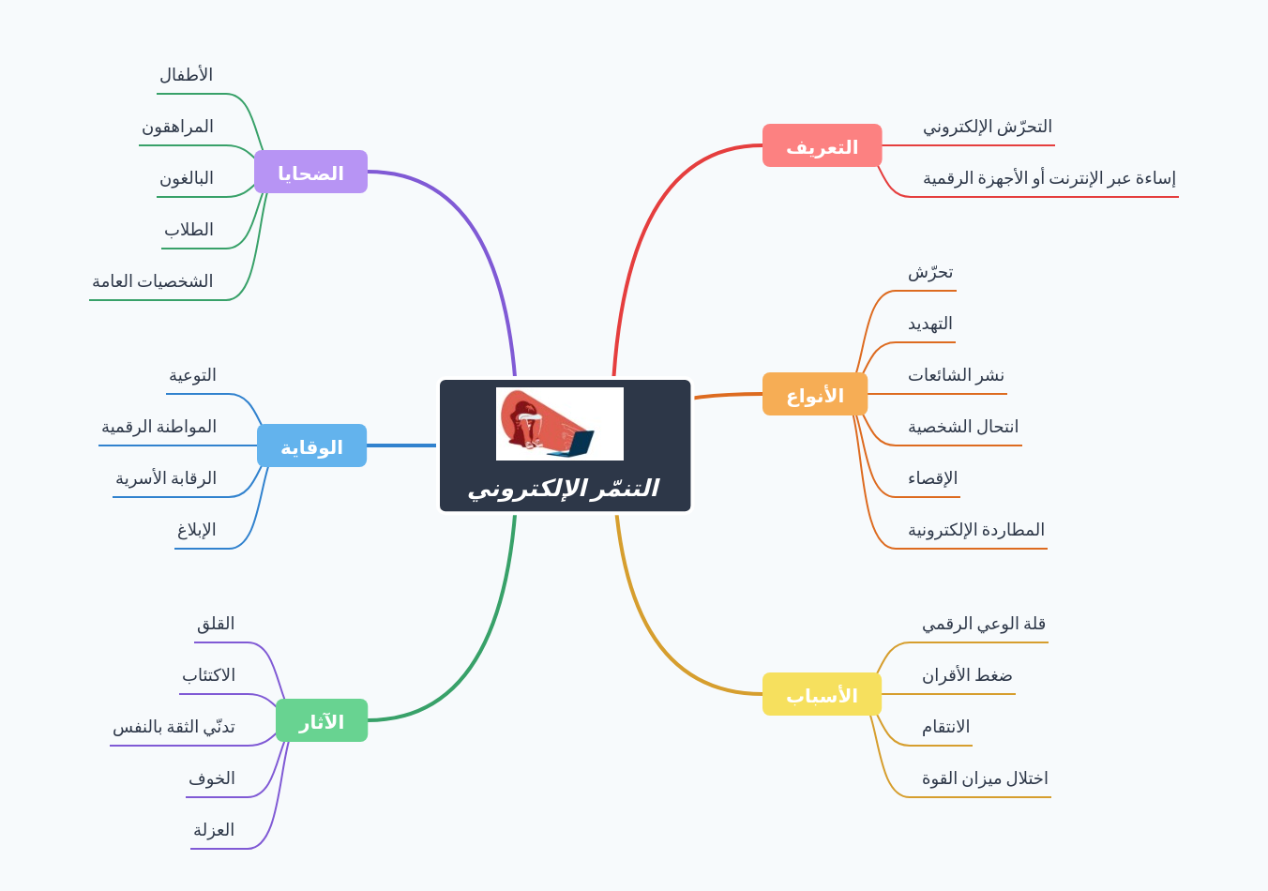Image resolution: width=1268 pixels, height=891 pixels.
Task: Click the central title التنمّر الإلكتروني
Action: [x=564, y=489]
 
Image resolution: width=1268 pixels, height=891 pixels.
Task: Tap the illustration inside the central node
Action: [x=560, y=424]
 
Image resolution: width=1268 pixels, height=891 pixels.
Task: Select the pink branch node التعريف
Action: [x=822, y=146]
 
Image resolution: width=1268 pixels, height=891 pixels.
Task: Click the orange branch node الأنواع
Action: [x=815, y=395]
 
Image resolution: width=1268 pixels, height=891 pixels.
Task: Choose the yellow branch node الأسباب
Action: [x=822, y=695]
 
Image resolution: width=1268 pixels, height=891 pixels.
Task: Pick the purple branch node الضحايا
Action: [x=310, y=173]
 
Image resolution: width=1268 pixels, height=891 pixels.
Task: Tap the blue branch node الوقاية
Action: [x=311, y=446]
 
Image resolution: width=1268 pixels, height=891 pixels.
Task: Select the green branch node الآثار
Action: [x=322, y=721]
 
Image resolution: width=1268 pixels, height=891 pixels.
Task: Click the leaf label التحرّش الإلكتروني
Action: [x=987, y=127]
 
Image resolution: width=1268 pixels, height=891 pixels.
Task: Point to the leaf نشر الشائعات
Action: [x=956, y=375]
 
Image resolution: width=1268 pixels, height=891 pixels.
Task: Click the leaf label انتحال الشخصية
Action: [x=962, y=427]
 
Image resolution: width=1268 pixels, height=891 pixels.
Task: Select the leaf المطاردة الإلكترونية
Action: [x=975, y=530]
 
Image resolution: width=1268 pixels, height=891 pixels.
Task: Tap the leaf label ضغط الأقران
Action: [x=967, y=675]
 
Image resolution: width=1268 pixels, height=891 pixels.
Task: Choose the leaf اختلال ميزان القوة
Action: [x=985, y=778]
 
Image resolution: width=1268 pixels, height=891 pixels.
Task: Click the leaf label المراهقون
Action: [x=177, y=127]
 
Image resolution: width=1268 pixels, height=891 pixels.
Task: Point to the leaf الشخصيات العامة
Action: [x=152, y=281]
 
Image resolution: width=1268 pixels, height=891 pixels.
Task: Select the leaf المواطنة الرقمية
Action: [x=158, y=427]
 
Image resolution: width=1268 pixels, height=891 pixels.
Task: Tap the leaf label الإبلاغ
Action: [x=196, y=530]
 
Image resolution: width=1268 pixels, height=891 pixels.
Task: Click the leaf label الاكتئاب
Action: [x=208, y=675]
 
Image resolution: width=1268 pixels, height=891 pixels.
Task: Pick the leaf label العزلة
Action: [x=214, y=830]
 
